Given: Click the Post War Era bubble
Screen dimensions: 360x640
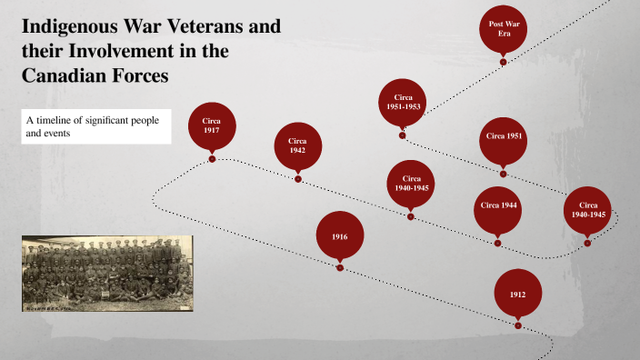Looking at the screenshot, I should pyautogui.click(x=504, y=27).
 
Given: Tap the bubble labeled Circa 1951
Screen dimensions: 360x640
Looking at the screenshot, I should pyautogui.click(x=503, y=137).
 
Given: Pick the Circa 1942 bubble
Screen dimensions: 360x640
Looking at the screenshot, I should pyautogui.click(x=297, y=145).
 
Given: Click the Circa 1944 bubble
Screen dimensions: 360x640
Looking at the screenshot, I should pyautogui.click(x=498, y=205).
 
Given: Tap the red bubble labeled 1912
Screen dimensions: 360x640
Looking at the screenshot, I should pyautogui.click(x=517, y=294).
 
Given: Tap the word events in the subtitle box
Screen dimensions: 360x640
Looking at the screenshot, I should pyautogui.click(x=61, y=134).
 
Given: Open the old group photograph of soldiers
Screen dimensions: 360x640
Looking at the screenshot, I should pyautogui.click(x=107, y=274).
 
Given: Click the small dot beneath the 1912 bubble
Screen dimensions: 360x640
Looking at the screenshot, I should pyautogui.click(x=517, y=325).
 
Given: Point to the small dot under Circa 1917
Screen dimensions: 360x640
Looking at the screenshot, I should pyautogui.click(x=212, y=159).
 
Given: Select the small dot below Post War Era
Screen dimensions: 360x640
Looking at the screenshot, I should pyautogui.click(x=504, y=62).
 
